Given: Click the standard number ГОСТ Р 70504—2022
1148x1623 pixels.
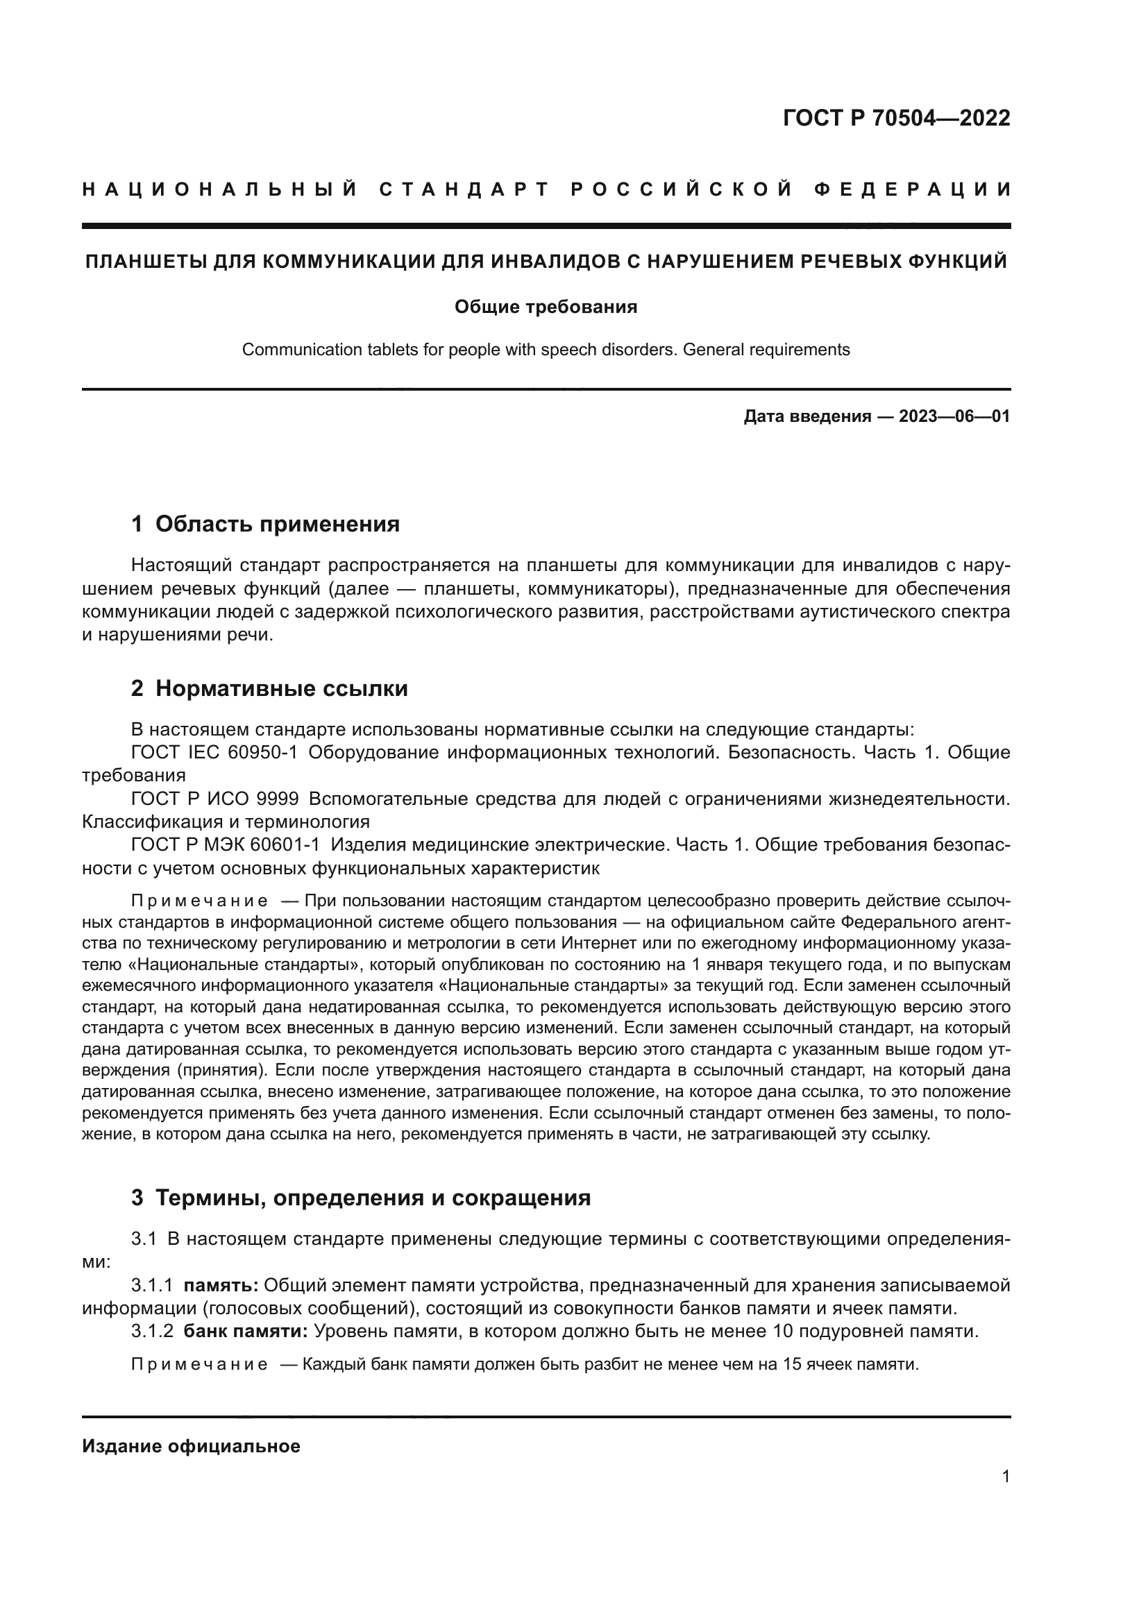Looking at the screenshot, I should [895, 118].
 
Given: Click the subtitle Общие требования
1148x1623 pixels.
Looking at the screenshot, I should [546, 307].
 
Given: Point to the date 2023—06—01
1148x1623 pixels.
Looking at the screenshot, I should [954, 416].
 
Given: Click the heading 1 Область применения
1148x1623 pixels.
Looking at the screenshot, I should [265, 524].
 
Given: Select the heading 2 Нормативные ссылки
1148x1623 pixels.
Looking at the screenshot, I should [269, 688].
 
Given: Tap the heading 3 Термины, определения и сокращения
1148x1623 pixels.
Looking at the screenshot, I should [360, 1198].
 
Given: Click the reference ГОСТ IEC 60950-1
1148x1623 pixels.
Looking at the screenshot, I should [214, 752].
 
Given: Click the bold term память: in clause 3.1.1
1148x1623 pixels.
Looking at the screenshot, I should [221, 1285].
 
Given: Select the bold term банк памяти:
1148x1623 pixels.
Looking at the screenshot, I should [245, 1331].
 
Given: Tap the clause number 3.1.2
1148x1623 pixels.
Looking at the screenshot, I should [152, 1331].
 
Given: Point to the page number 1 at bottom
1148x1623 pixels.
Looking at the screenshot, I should [1005, 1476].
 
